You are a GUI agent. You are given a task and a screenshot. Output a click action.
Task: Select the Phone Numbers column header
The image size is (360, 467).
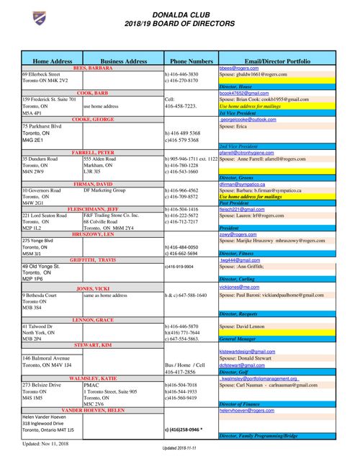click(192, 62)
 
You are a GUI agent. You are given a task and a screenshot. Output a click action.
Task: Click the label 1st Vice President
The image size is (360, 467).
click(239, 112)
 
